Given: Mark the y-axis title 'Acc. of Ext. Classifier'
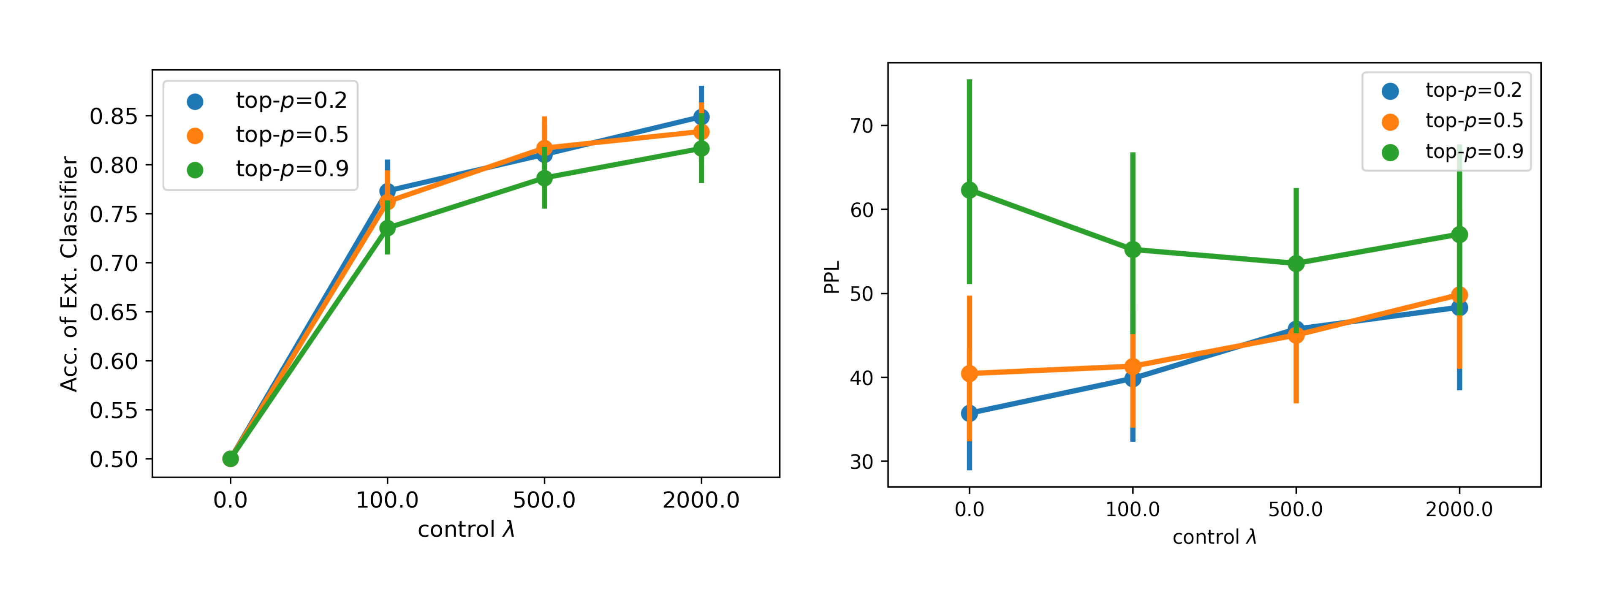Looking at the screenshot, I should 69,274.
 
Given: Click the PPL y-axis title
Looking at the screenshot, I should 831,277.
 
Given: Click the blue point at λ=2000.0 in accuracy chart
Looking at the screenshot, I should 701,117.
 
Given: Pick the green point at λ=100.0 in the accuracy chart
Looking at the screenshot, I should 387,228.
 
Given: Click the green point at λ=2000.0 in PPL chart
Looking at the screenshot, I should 1459,235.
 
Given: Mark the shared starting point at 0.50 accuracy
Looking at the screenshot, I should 230,459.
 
